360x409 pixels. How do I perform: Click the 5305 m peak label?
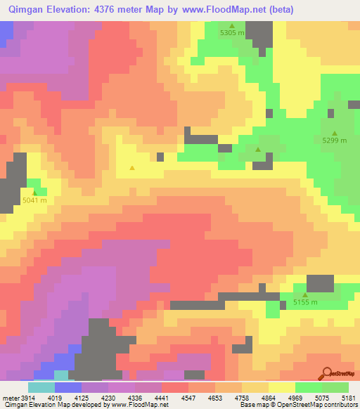point(232,33)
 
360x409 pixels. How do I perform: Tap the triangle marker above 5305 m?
point(232,25)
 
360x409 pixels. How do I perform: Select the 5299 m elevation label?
point(335,141)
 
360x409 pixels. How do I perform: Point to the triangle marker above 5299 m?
point(335,133)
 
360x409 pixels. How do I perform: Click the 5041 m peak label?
point(34,200)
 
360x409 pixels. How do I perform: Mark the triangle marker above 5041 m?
point(34,191)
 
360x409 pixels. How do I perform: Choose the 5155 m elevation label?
point(305,303)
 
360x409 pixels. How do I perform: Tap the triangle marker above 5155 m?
point(305,295)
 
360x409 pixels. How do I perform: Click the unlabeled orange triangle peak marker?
point(132,168)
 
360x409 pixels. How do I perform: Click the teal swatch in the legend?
point(41,387)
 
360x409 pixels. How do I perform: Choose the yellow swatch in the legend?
point(281,387)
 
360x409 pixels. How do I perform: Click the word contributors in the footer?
point(341,405)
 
